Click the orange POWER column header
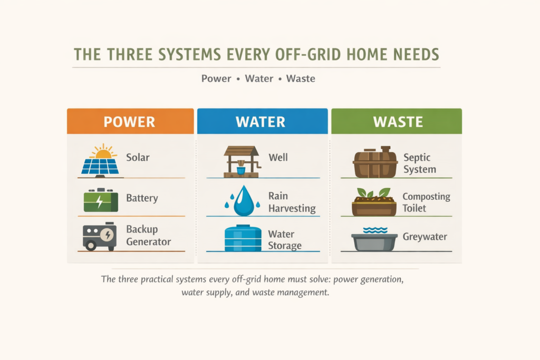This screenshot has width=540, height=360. (131, 121)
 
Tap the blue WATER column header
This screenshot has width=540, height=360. (263, 121)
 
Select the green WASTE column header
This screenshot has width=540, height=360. (397, 121)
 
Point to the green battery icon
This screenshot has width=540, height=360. (101, 200)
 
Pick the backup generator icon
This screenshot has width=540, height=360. (100, 236)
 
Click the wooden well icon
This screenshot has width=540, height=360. (242, 161)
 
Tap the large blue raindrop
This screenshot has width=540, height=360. (244, 201)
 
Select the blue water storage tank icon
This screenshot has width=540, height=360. (243, 238)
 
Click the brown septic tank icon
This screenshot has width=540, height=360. (375, 162)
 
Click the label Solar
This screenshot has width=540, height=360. (138, 157)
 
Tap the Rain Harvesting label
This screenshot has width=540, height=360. (292, 202)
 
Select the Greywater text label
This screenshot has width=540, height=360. (425, 237)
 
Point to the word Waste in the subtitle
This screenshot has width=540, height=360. (301, 79)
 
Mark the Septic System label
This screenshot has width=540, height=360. (420, 163)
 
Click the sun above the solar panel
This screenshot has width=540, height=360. (103, 151)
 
